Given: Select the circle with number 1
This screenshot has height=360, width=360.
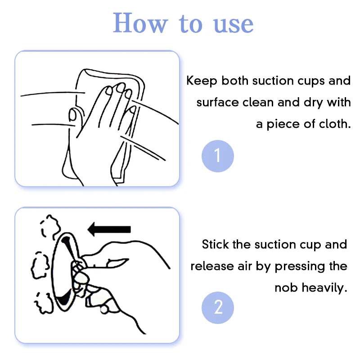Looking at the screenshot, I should click(x=218, y=156).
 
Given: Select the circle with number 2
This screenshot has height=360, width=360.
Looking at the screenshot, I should click(x=218, y=308).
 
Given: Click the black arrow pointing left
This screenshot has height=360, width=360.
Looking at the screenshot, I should click(x=109, y=229).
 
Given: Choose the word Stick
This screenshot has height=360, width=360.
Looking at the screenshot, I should click(x=216, y=245).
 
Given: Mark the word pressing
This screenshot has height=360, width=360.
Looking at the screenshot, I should click(x=297, y=266).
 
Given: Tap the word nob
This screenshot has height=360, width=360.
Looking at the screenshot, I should click(x=286, y=288).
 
